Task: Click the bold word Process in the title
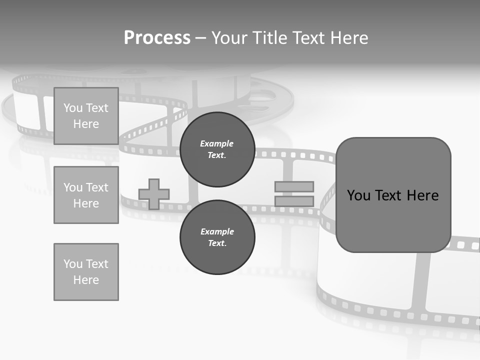click(x=157, y=38)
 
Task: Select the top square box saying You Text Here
click(x=86, y=116)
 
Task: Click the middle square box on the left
click(x=86, y=195)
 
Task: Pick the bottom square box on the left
click(x=86, y=271)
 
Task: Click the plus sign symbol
click(x=154, y=194)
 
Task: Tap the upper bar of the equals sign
click(x=294, y=186)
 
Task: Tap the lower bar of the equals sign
click(x=294, y=201)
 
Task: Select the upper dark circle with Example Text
click(x=217, y=149)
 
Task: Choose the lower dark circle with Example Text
click(x=217, y=237)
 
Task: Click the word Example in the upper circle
click(x=216, y=143)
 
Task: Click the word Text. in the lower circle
click(x=217, y=243)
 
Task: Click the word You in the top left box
click(x=73, y=108)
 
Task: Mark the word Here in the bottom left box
click(x=86, y=280)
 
